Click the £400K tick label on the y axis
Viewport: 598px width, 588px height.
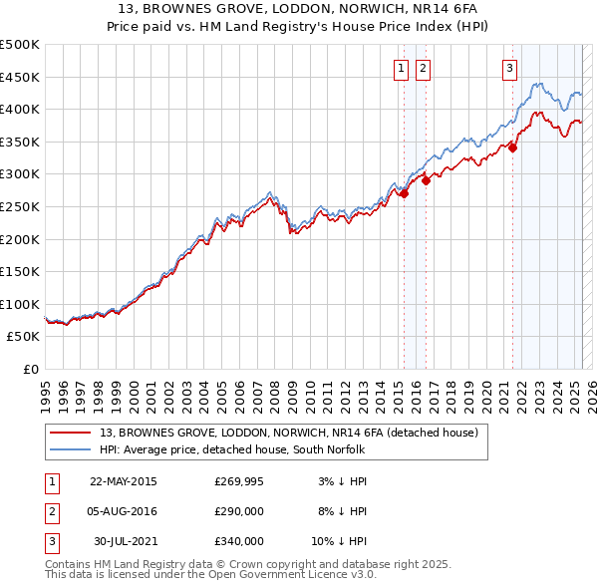[20, 109]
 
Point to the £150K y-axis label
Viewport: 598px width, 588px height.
[20, 271]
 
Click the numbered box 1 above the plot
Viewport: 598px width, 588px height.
[401, 68]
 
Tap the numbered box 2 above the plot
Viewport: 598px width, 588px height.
[423, 68]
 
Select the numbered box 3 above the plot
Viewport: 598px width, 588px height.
[509, 68]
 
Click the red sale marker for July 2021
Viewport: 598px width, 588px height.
[513, 147]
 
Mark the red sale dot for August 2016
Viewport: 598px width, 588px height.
[426, 180]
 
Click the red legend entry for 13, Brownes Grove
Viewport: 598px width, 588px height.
[289, 433]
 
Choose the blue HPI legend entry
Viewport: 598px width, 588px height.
[233, 450]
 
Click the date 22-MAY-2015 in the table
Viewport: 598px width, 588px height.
[124, 481]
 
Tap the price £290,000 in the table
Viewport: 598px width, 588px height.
[239, 511]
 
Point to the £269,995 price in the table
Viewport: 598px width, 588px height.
[239, 481]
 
